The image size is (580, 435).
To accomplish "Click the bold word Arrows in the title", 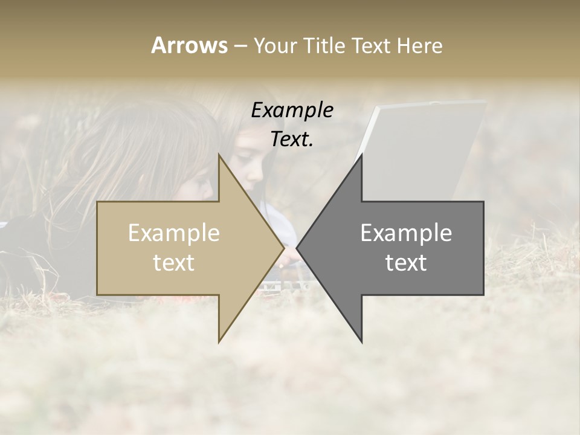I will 189,45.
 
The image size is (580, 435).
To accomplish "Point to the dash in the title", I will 240,46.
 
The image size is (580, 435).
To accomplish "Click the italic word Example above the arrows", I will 292,110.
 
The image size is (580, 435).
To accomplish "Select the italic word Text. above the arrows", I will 292,139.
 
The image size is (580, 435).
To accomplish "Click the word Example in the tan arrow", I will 173,233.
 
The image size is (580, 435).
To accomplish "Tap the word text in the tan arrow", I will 173,263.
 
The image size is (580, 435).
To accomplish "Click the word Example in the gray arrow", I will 406,233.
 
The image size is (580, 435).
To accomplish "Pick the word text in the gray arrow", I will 406,263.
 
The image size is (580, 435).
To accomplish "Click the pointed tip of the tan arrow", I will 284,248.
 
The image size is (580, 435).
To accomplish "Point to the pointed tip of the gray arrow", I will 297,248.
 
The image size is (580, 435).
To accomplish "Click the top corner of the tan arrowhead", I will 219,155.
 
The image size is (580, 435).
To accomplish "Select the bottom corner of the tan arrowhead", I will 219,342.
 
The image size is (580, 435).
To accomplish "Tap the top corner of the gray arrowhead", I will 362,155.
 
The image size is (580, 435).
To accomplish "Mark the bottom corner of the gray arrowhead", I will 362,342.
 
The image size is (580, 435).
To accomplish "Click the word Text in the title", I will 371,45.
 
